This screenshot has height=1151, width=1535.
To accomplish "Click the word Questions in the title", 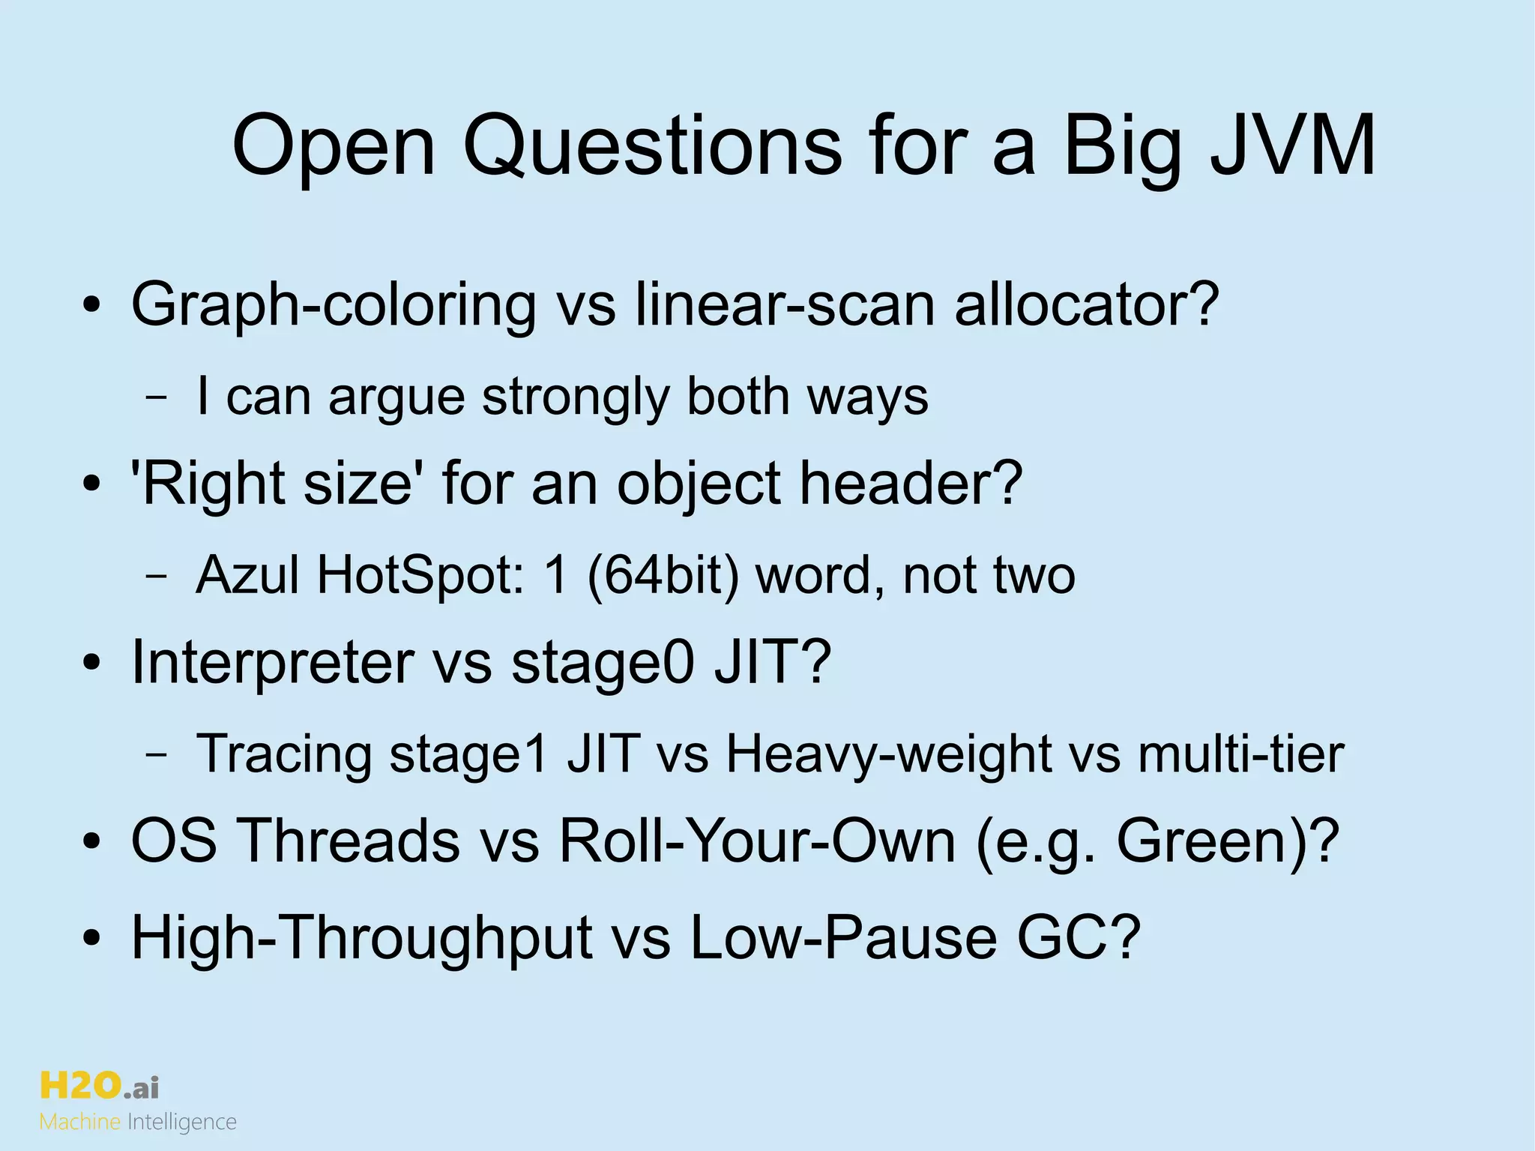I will (652, 146).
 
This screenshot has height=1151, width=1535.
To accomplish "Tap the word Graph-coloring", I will (334, 306).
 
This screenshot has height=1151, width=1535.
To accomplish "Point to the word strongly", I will (576, 397).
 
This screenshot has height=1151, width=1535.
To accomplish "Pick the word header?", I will (911, 484).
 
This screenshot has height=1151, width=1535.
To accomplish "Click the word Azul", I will (247, 575).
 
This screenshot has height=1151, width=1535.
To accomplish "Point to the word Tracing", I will (283, 754).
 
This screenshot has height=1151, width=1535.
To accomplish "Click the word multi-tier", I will (1240, 754).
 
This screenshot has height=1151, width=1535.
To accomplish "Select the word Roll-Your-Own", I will (757, 841).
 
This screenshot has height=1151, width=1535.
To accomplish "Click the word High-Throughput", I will (362, 937).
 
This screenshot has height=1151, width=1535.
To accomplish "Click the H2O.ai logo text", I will (99, 1086).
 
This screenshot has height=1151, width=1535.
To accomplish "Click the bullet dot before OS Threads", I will (91, 844).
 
